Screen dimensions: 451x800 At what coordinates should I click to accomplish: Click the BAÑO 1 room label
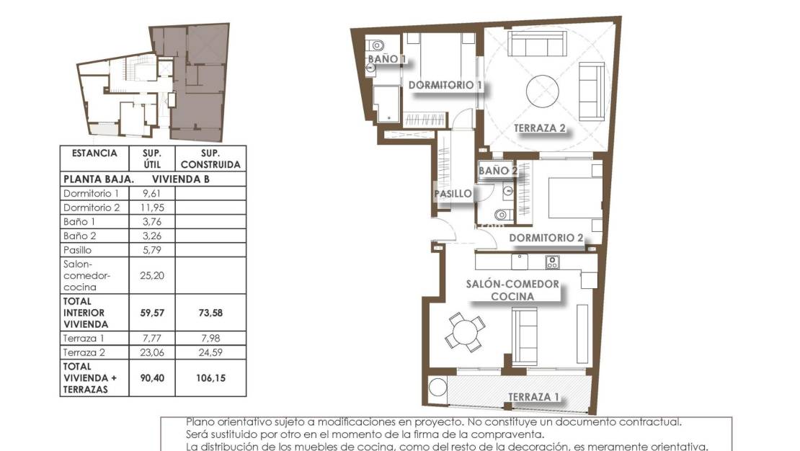tap(388, 59)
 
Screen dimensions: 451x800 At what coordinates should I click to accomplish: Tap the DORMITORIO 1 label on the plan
tap(445, 85)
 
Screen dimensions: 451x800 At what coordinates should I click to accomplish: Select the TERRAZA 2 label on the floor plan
tap(539, 129)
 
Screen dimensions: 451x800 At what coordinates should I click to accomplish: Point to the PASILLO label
tap(453, 194)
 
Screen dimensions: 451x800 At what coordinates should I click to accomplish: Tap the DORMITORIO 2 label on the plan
tap(546, 238)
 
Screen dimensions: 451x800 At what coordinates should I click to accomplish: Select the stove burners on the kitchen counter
tap(553, 262)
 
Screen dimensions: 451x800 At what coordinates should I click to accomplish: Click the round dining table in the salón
tap(464, 332)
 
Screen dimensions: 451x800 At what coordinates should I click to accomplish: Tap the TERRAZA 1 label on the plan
tap(534, 397)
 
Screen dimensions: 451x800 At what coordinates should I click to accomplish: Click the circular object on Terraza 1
tap(438, 390)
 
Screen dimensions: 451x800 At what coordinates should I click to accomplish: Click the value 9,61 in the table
tap(151, 194)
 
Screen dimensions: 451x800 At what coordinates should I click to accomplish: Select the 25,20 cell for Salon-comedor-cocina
tap(151, 274)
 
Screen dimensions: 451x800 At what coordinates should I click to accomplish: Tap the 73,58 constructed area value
tap(211, 313)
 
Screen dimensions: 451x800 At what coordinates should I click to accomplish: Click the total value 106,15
tap(211, 378)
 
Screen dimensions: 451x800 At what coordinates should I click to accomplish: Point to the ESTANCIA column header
tap(94, 153)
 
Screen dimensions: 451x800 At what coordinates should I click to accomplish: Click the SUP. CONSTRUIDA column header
tap(211, 159)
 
